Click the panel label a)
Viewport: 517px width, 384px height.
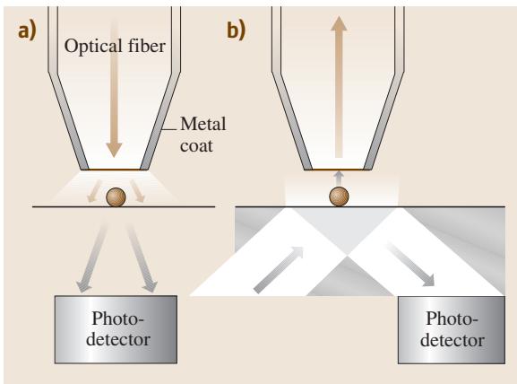(27, 31)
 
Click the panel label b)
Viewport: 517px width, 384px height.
(236, 31)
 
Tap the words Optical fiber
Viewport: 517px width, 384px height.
(115, 46)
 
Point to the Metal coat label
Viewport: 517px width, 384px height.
(203, 135)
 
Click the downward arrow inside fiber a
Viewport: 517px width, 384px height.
(114, 89)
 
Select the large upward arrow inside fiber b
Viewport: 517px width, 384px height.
(339, 87)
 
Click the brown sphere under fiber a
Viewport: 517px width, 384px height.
(116, 197)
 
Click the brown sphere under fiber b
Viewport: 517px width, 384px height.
(339, 196)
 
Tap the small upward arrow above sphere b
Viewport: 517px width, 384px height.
(339, 179)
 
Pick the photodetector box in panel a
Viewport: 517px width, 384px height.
(116, 329)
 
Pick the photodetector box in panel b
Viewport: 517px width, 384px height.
(452, 330)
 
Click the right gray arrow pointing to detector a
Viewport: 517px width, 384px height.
(141, 257)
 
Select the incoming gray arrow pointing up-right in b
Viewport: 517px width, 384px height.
(279, 270)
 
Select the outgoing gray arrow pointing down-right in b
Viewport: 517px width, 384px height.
(411, 264)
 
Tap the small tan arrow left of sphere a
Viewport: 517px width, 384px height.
(94, 191)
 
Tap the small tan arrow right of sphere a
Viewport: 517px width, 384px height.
(137, 191)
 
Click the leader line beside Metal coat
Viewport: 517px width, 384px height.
(170, 129)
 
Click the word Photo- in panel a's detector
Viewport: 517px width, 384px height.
(118, 319)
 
